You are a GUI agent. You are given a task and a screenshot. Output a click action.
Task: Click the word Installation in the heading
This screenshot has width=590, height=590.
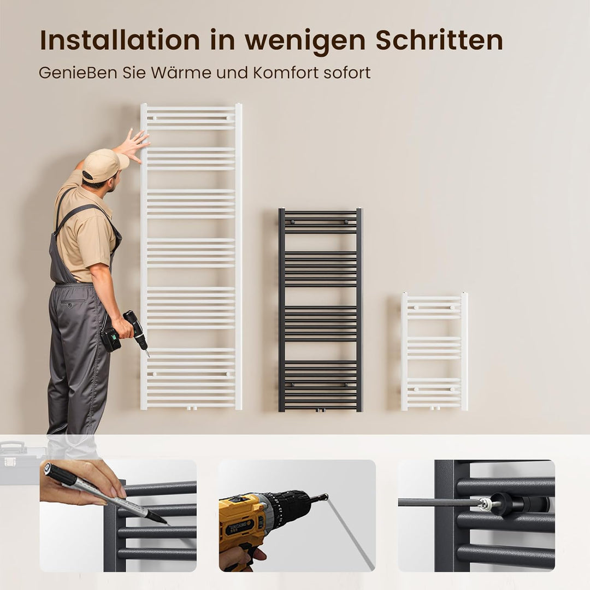[x=120, y=40]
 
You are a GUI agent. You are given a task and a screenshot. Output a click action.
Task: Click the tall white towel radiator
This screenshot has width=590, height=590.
[x=191, y=257]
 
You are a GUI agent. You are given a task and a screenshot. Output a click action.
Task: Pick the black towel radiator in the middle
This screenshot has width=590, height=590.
[x=320, y=309]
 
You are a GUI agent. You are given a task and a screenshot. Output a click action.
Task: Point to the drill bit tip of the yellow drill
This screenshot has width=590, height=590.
[x=326, y=497]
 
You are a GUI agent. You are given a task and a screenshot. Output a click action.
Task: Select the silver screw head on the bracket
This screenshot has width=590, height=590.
[x=483, y=503]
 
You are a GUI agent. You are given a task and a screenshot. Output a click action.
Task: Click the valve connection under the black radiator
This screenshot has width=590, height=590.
[x=321, y=410]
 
